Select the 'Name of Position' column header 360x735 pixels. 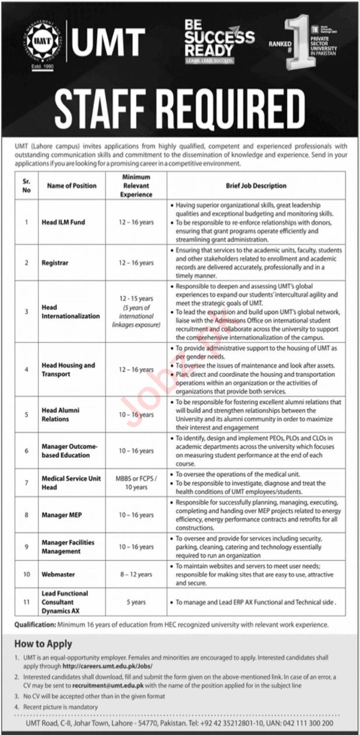[69, 186]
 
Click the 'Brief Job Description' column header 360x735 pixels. [256, 186]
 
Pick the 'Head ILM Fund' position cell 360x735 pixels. [63, 222]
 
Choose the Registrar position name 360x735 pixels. [55, 263]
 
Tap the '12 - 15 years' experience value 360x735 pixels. [136, 298]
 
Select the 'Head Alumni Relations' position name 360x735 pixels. [61, 415]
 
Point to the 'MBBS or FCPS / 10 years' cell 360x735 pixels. [136, 483]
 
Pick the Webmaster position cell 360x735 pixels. [58, 574]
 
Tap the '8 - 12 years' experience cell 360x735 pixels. [136, 574]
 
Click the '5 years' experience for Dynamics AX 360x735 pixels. [136, 602]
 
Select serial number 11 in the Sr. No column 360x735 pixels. [26, 602]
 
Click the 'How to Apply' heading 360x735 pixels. [44, 644]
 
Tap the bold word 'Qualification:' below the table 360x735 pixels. [35, 625]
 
